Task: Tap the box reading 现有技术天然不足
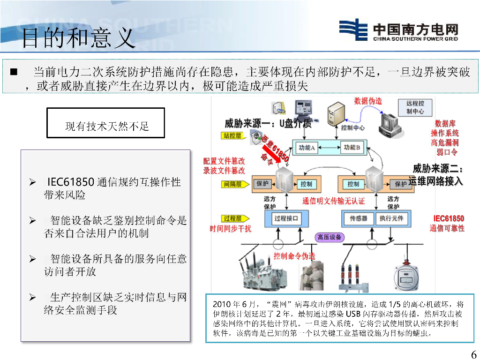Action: tap(106, 123)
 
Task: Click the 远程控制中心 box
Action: tap(415, 107)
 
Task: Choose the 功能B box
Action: tap(352, 148)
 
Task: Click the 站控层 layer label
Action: tap(232, 136)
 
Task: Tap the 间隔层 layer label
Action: tap(232, 184)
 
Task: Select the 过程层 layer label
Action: tap(232, 218)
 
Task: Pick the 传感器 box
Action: tap(358, 218)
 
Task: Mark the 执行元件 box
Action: tap(391, 218)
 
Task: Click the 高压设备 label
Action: tap(330, 237)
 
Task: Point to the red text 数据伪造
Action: tap(368, 101)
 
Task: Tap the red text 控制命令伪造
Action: tap(294, 256)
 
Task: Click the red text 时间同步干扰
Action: tap(230, 229)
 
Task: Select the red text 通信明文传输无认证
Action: tap(333, 201)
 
